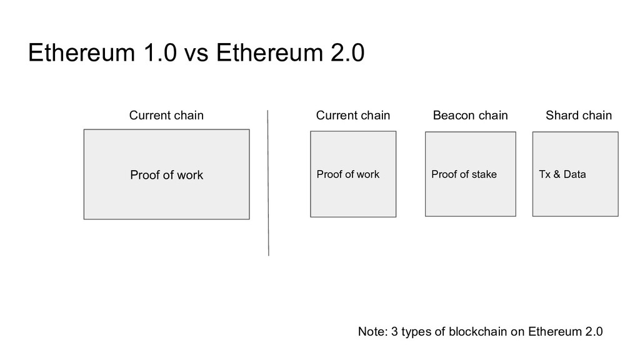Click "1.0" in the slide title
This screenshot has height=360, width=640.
[x=160, y=52]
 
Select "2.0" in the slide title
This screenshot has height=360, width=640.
[x=347, y=52]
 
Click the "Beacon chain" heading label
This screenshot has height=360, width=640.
[x=470, y=115]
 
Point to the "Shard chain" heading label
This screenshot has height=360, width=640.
[x=579, y=115]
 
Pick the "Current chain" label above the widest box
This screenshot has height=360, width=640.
[x=166, y=115]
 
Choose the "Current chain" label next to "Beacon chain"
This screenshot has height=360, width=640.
[x=353, y=115]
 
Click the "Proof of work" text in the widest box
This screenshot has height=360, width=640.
[x=166, y=175]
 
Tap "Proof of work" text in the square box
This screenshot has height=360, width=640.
[x=348, y=174]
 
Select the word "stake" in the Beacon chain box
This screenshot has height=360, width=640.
[x=484, y=174]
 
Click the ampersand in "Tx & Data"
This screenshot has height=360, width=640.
[x=557, y=174]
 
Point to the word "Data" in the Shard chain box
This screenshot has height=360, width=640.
[x=575, y=174]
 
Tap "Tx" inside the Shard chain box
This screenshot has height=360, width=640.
[x=545, y=174]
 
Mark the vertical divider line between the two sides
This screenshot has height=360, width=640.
[x=268, y=183]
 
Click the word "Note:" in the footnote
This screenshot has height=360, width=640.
[x=372, y=331]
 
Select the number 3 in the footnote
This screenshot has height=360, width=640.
[x=394, y=331]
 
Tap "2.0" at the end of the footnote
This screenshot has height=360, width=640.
[x=594, y=331]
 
